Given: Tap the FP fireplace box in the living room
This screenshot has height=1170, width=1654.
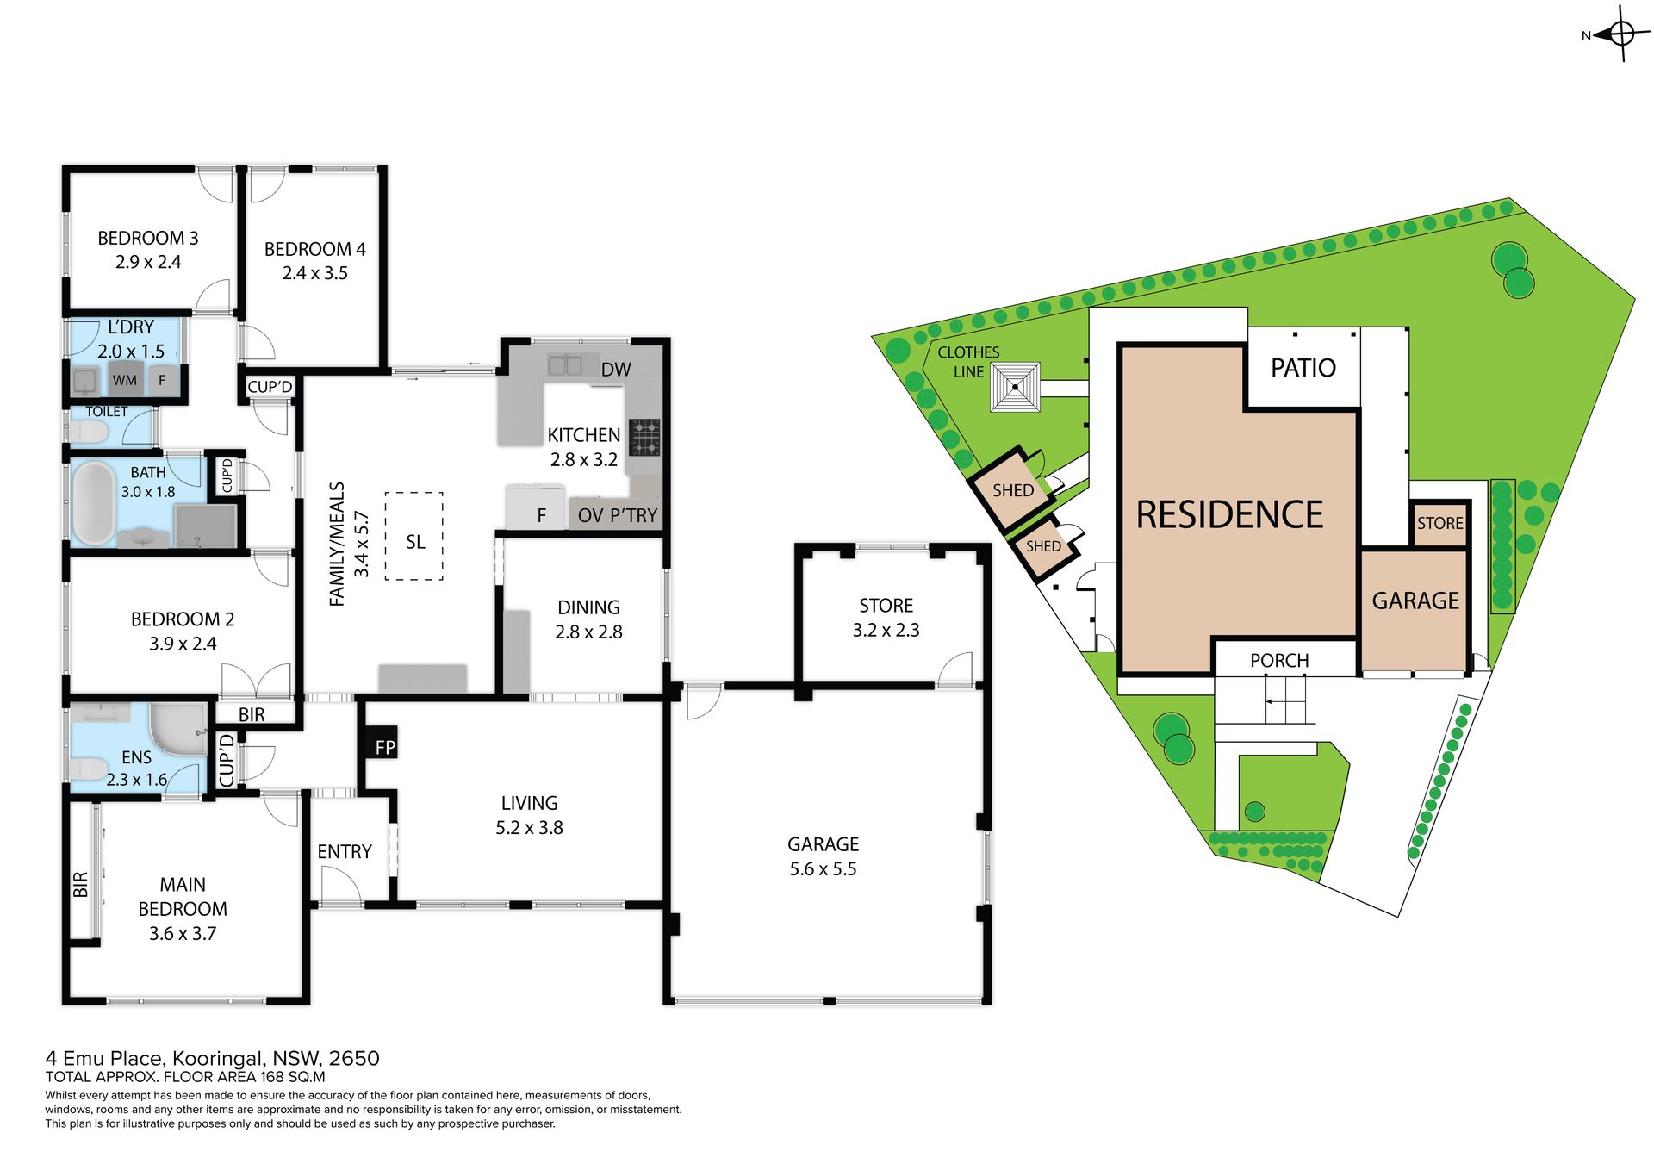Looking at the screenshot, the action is click(x=379, y=746).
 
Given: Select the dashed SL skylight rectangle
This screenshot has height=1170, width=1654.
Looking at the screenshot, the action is click(x=414, y=536).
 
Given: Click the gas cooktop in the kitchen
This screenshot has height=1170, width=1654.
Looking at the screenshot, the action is click(x=644, y=437).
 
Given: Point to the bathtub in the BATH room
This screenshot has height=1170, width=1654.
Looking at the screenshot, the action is click(x=93, y=503).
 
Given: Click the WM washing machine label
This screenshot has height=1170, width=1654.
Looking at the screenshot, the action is click(x=125, y=380).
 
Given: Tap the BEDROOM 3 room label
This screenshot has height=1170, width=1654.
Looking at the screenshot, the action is click(x=148, y=238).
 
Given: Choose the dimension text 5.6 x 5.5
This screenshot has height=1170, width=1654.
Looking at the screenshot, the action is click(x=823, y=868).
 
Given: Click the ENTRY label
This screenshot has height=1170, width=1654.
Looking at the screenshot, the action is click(x=345, y=851).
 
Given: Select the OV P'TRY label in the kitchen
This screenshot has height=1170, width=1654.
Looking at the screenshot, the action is click(x=618, y=515).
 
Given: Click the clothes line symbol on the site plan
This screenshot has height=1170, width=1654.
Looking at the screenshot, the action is click(x=1015, y=387).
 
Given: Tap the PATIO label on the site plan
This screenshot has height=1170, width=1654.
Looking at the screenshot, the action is click(x=1303, y=368).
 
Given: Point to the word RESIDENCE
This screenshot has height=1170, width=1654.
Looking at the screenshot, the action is click(x=1229, y=514).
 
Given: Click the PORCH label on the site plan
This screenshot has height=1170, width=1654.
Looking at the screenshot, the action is click(x=1279, y=661).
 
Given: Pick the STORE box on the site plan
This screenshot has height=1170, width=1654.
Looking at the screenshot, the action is click(x=1439, y=522).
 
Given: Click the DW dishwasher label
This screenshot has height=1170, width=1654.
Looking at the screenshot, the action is click(x=616, y=370).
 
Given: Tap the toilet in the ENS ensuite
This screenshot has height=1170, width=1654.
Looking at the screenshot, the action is click(x=88, y=769).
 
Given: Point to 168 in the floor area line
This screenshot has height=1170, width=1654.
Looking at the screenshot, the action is click(x=273, y=1076).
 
